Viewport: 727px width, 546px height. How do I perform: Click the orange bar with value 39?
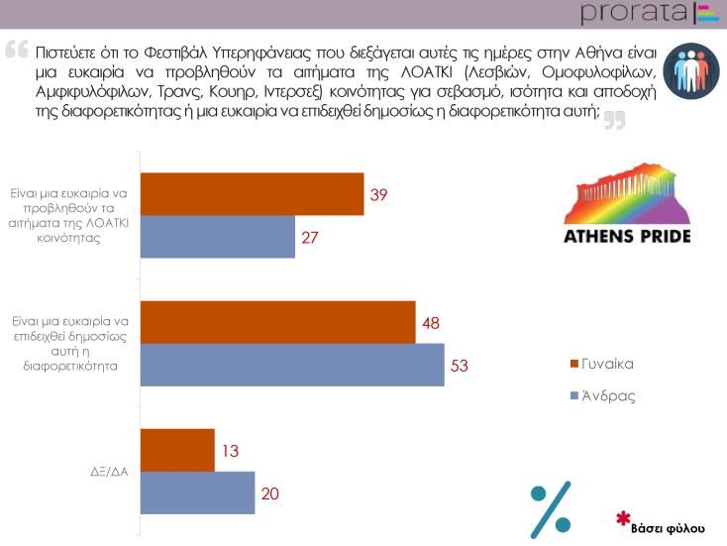(253, 194)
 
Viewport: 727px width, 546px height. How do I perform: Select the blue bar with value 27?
(219, 237)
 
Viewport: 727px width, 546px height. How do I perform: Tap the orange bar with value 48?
(278, 322)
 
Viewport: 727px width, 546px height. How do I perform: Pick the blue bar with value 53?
(293, 364)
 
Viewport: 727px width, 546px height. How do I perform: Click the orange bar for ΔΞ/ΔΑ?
(178, 450)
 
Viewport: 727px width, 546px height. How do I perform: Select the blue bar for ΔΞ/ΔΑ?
(199, 492)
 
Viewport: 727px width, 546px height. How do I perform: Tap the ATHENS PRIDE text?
(626, 237)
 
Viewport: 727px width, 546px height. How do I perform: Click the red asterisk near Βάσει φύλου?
(623, 517)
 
